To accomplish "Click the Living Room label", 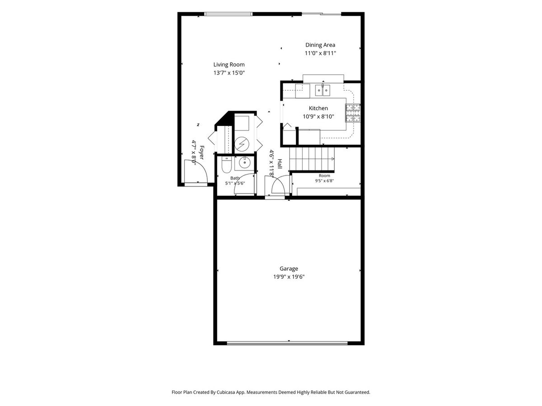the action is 229,65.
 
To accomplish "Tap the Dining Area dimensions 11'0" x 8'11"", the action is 320,53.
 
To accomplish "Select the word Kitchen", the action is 318,108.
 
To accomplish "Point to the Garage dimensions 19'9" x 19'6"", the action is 289,277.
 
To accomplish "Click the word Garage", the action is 289,268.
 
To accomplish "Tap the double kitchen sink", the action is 322,90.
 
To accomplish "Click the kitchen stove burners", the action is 353,113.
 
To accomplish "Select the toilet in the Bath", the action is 226,165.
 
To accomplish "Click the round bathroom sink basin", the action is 244,162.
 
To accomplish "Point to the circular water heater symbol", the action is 242,144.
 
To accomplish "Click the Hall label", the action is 280,164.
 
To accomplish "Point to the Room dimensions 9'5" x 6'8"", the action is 324,181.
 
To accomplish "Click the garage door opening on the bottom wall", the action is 287,343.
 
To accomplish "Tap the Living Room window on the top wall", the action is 229,14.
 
